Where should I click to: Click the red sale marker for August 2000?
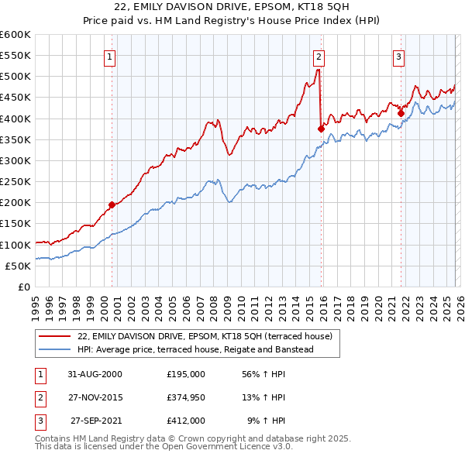click(112, 204)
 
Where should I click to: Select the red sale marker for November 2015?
click(320, 129)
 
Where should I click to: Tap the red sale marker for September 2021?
click(401, 113)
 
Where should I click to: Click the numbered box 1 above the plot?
click(111, 56)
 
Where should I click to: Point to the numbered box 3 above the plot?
click(398, 56)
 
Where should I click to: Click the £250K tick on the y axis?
click(15, 181)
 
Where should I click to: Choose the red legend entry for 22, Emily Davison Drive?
click(205, 336)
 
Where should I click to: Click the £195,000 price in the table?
click(186, 373)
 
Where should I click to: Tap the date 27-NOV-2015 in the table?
click(90, 397)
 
